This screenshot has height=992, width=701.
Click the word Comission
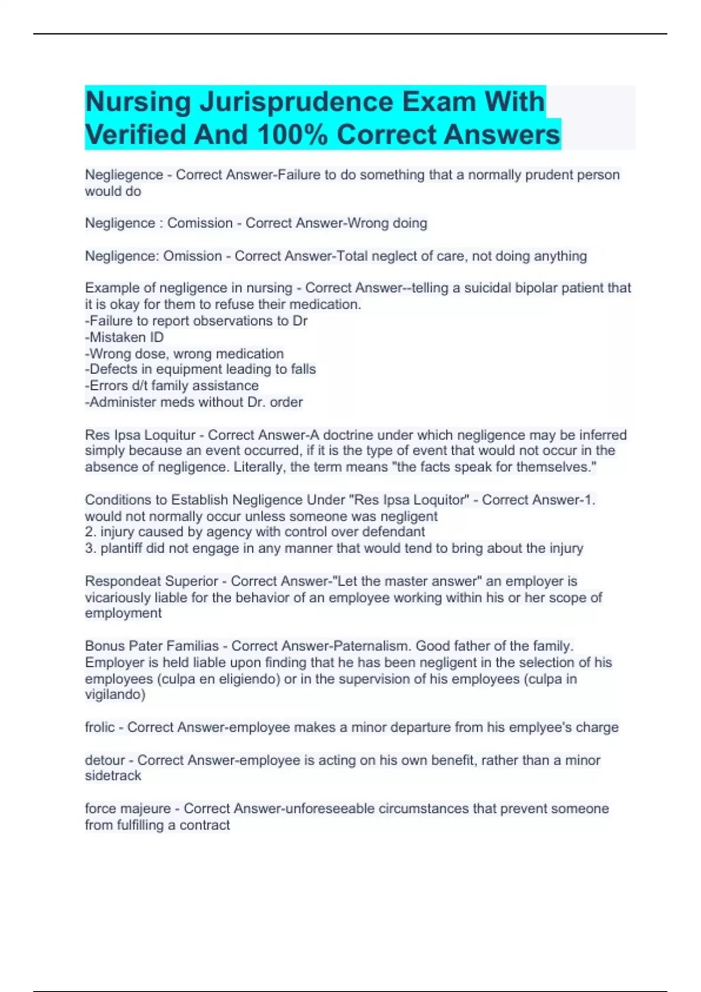point(200,223)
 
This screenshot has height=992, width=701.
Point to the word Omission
point(192,256)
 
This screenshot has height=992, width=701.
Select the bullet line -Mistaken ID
point(124,337)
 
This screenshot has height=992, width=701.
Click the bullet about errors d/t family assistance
point(172,385)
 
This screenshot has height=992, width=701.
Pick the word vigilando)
point(114,694)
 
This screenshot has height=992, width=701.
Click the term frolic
point(100,727)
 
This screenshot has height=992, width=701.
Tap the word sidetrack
point(113,776)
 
